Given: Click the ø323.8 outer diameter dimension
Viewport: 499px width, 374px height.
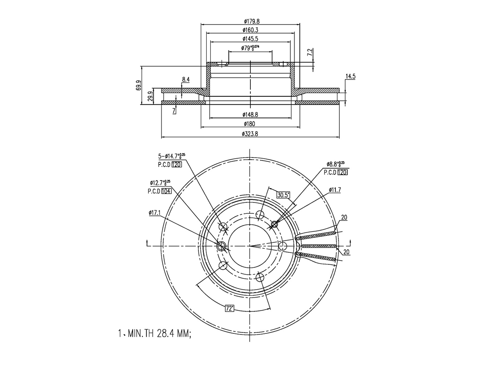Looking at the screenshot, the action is click(250, 134).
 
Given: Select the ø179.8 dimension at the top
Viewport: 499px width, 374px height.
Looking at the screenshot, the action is click(252, 21).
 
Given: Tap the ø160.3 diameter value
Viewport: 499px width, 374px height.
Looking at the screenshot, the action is click(250, 30).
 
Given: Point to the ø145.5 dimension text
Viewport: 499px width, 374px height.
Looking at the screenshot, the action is click(250, 39).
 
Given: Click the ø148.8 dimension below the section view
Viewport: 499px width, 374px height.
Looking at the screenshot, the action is click(250, 115).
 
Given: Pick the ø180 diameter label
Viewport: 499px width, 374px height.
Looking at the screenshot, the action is click(249, 124).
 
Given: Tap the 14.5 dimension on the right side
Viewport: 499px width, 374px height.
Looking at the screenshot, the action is click(350, 76).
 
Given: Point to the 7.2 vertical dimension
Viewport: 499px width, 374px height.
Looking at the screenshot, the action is click(310, 52).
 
